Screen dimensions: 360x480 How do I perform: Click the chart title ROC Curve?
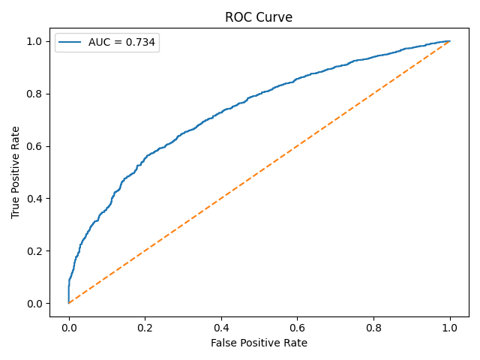259,18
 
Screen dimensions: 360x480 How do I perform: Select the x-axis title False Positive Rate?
259,343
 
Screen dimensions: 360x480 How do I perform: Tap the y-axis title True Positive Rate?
16,172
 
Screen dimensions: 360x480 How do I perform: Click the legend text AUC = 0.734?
121,43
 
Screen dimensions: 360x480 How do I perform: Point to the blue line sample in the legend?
72,43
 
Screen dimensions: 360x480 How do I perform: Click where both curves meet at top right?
450,40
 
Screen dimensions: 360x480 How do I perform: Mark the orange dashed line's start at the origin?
68,303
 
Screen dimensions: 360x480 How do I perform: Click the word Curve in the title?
275,18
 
